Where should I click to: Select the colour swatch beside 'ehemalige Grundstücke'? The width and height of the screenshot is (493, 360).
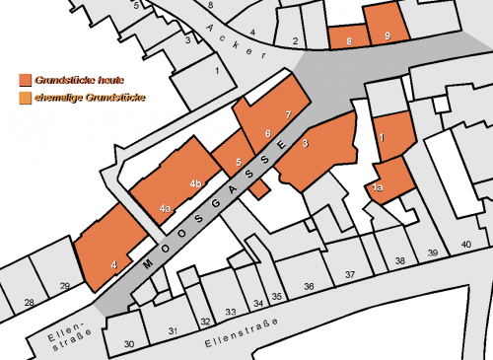[x=25, y=99]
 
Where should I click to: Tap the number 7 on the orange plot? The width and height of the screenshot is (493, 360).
[x=287, y=115]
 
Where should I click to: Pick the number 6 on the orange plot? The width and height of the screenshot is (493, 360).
[x=267, y=133]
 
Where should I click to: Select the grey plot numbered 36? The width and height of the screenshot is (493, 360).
[x=309, y=285]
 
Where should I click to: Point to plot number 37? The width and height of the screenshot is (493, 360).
[x=349, y=273]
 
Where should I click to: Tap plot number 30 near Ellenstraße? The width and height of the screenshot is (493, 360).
[x=129, y=343]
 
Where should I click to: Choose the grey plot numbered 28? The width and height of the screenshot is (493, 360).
[x=30, y=301]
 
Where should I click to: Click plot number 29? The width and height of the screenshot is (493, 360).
[x=64, y=286]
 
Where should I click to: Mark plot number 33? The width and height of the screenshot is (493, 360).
[x=231, y=312]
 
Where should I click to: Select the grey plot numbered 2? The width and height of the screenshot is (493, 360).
[x=295, y=40]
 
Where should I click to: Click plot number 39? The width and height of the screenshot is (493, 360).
[x=432, y=253]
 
